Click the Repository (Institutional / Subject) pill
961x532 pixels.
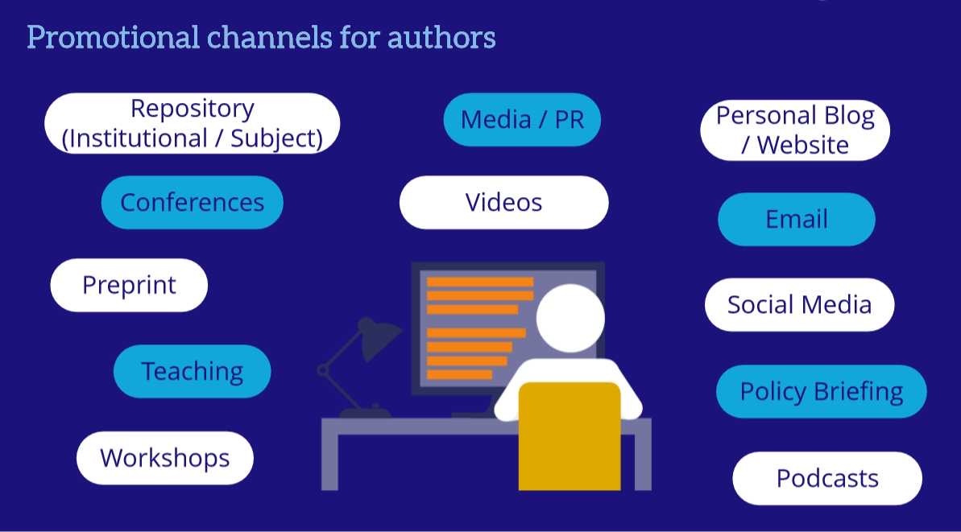[192, 123]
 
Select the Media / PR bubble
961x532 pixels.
[522, 120]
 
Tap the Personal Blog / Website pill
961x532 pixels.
[795, 130]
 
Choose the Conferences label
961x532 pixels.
[192, 202]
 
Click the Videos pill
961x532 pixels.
[503, 202]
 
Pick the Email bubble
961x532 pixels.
[796, 219]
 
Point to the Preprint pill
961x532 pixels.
[129, 285]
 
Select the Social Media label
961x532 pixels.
[799, 304]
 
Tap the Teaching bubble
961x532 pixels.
[192, 371]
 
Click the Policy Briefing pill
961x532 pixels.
[821, 391]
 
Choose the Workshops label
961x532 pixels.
[164, 458]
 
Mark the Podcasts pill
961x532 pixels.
[826, 478]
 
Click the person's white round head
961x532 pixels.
[570, 318]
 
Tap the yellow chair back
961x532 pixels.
[570, 435]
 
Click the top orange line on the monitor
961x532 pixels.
[479, 282]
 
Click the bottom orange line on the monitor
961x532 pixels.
[459, 374]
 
